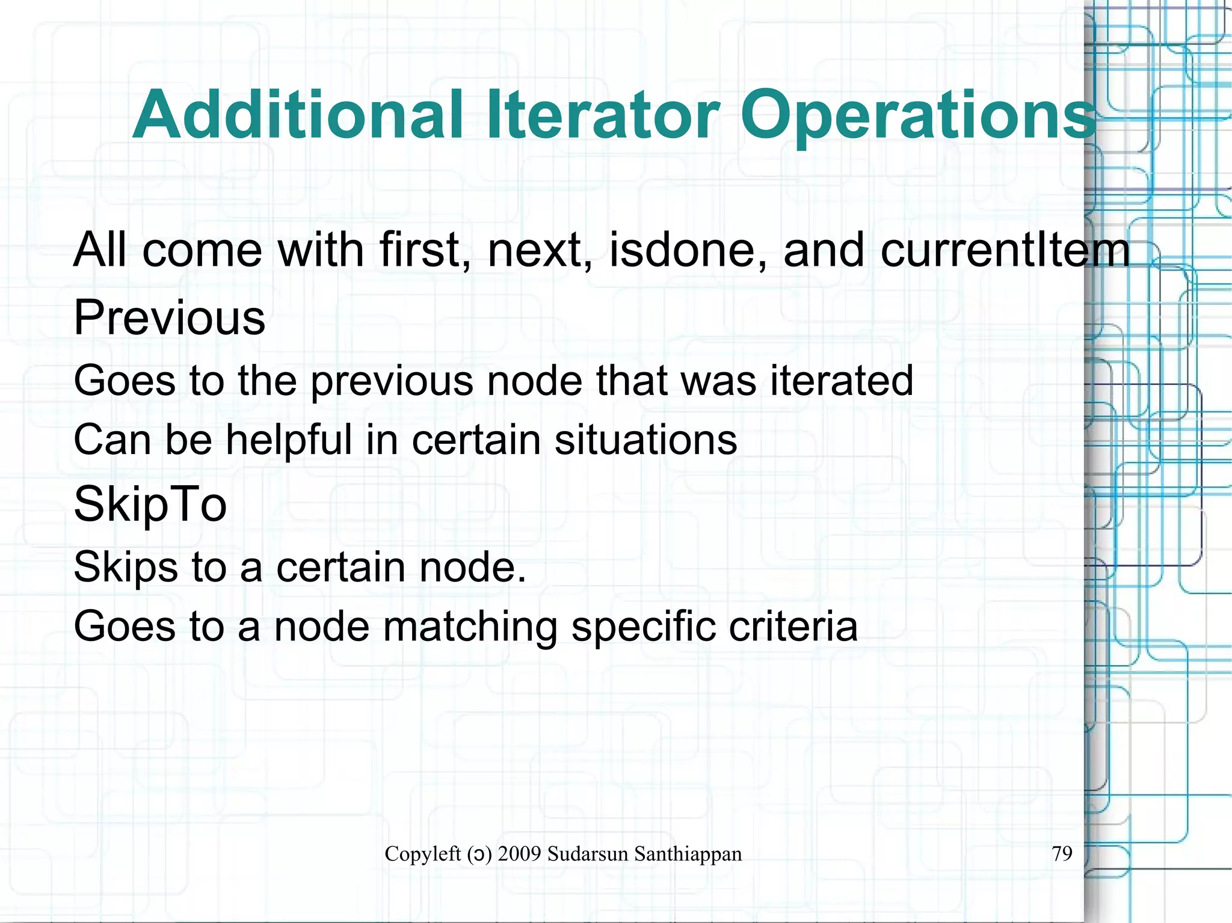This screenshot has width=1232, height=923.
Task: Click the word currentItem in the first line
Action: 1005,250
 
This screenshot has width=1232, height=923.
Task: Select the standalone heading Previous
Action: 169,317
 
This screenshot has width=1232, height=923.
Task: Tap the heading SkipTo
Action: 150,504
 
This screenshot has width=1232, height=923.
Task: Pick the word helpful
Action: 289,440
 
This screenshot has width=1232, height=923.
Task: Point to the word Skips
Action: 126,567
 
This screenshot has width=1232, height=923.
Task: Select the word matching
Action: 470,627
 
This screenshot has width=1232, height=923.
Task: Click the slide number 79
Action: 1062,853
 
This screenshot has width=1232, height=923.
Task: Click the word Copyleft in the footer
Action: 423,854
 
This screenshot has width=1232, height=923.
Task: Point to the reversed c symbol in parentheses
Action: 478,855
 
